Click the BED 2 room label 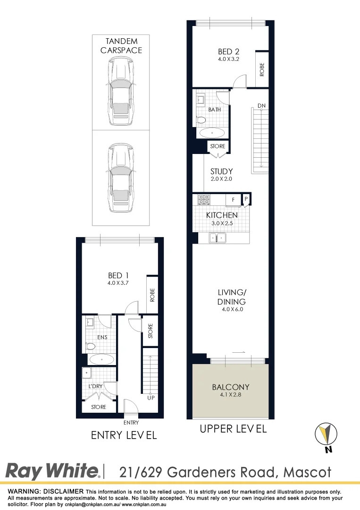click(225, 51)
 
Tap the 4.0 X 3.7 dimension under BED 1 click(118, 283)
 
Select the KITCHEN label click(222, 215)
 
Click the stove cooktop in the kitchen click(204, 199)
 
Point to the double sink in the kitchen click(218, 238)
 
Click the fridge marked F click(233, 200)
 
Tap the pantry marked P click(246, 199)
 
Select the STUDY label click(221, 171)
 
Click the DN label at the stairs click(261, 105)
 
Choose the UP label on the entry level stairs click(151, 398)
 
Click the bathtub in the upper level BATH click(212, 133)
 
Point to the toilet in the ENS click(90, 347)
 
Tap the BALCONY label click(231, 387)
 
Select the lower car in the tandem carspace click(120, 177)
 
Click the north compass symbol click(327, 433)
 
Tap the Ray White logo click(52, 471)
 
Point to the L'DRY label click(96, 386)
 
